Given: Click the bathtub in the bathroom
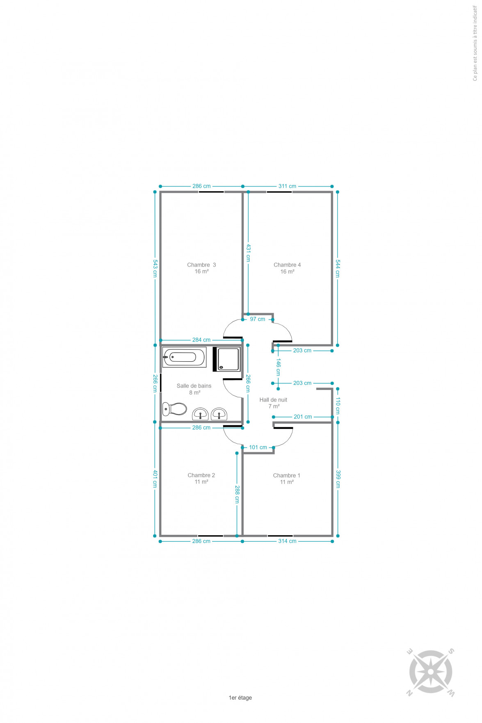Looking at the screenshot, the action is click(x=184, y=357).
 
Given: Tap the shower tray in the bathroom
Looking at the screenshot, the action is click(x=227, y=359).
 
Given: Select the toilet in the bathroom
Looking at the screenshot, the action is click(x=174, y=409).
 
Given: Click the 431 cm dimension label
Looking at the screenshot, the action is click(x=248, y=253).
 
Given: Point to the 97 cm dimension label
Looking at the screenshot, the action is click(x=258, y=319).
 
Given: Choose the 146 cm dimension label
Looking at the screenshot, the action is click(x=279, y=367).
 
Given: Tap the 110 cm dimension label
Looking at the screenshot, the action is click(x=338, y=405).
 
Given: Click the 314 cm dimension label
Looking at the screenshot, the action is click(x=287, y=541).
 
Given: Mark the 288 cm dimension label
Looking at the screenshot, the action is click(x=237, y=495).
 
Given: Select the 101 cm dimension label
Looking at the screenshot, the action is click(x=258, y=447).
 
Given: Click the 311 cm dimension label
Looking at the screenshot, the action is click(x=287, y=186).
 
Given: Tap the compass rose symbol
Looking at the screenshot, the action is click(x=431, y=672).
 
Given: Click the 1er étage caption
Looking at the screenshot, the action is click(x=240, y=698).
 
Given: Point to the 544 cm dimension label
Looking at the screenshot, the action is click(x=338, y=269).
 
